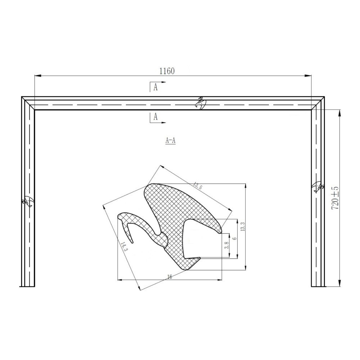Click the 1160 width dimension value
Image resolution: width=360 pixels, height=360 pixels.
(167, 71)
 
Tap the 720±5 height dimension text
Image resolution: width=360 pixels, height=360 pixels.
(336, 198)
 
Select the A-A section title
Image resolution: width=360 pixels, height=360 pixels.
(170, 140)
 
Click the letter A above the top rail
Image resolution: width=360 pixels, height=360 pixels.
(156, 87)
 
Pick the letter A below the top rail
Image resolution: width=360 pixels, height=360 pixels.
(156, 117)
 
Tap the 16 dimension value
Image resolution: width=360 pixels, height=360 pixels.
(170, 277)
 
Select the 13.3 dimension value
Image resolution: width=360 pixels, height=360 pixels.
(243, 226)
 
